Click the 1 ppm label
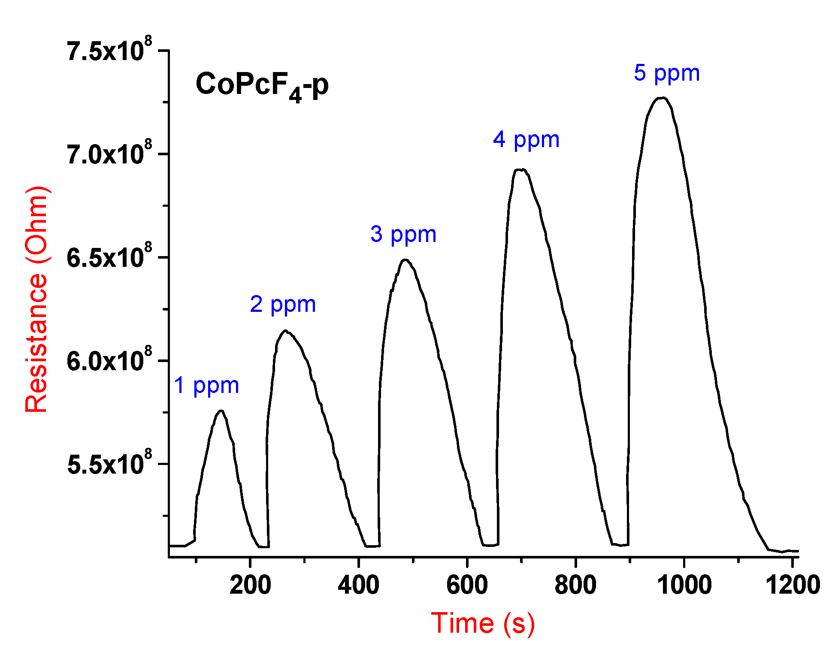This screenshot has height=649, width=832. tap(206, 386)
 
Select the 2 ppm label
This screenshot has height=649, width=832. tap(283, 305)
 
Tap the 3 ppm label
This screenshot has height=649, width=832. tap(403, 234)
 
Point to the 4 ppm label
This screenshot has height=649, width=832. tap(526, 140)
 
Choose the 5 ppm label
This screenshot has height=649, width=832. tap(667, 73)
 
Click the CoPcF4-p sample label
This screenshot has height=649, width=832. tap(262, 85)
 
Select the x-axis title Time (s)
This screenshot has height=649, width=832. tap(483, 623)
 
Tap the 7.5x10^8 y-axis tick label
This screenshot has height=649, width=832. tap(109, 50)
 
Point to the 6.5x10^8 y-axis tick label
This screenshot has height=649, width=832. tap(109, 257)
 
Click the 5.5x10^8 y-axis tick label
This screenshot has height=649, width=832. tap(109, 464)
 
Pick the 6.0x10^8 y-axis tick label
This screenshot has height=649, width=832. tap(109, 361)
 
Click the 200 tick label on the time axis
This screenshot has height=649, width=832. tap(250, 585)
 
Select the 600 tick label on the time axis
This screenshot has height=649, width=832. tap(467, 585)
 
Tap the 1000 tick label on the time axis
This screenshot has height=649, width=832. tap(684, 585)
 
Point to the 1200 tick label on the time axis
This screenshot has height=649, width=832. tap(793, 585)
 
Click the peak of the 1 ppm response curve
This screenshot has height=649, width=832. tap(221, 411)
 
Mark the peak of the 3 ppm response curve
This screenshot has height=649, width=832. tap(405, 260)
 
